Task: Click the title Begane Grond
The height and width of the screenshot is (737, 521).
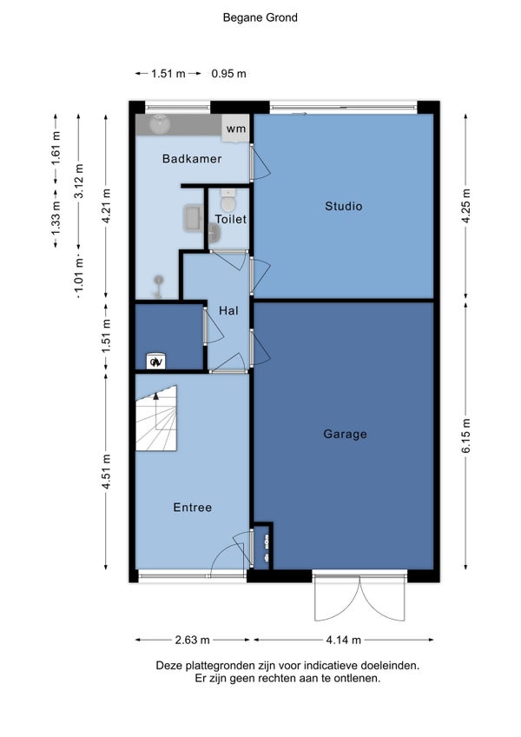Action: (x=260, y=18)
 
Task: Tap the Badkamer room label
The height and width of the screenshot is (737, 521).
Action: (x=192, y=159)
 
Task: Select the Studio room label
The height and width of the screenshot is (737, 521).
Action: (x=343, y=206)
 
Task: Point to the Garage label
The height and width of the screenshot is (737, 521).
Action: (x=345, y=434)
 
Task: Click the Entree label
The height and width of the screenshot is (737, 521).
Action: (x=192, y=508)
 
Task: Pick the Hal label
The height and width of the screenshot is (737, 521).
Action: (x=228, y=310)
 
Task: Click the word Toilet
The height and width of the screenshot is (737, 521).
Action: (x=231, y=219)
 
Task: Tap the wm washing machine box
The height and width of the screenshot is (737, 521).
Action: (x=236, y=128)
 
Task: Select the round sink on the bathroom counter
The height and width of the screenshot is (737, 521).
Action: (x=159, y=123)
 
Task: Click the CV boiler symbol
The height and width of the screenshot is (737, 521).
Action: (x=155, y=361)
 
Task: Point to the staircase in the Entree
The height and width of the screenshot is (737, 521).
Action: (x=156, y=419)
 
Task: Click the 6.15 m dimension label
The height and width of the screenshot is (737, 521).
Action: (x=466, y=435)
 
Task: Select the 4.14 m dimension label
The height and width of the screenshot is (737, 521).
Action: (x=343, y=640)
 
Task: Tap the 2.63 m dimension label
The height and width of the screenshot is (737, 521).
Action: (x=192, y=640)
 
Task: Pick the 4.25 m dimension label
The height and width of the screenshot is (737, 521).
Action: (x=466, y=206)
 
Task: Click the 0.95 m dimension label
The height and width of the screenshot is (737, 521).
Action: (x=228, y=74)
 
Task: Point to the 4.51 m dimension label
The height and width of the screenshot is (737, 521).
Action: (x=106, y=471)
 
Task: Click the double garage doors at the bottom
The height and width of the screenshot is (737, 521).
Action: (x=359, y=596)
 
